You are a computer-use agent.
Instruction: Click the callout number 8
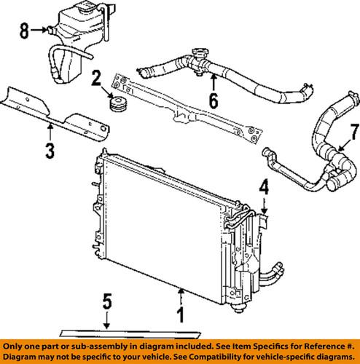pos(24,31)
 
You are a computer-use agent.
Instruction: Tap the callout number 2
pos(96,78)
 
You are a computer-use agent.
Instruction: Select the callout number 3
pos(50,151)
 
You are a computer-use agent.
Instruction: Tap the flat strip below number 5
pos(130,334)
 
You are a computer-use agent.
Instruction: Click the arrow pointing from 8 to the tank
pos(39,30)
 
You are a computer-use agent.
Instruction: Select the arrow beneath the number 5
pos(106,320)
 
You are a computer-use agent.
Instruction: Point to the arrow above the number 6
pos(214,83)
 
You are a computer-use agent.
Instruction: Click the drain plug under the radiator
pos(239,309)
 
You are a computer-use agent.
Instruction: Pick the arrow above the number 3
pos(50,132)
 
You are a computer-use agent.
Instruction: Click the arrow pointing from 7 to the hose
pos(345,145)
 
